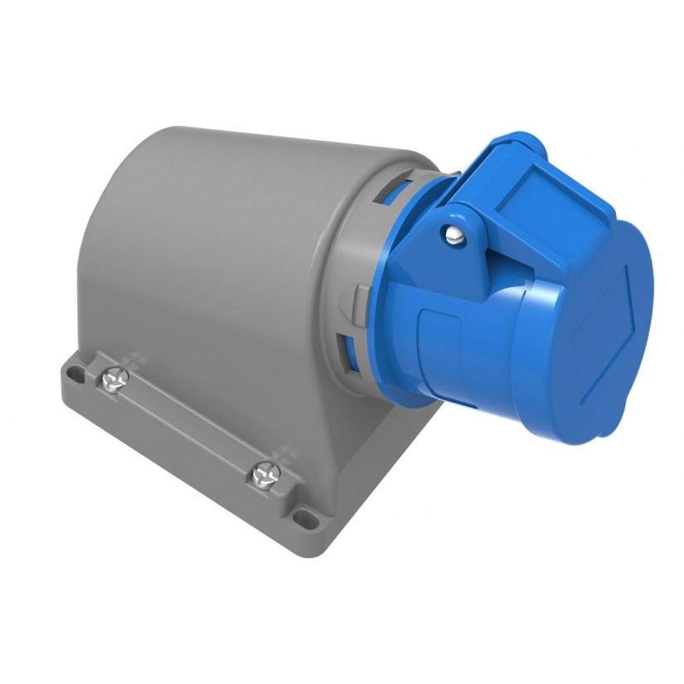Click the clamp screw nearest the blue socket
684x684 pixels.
click(x=267, y=473)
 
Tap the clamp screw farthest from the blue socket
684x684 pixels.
click(x=114, y=379)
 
